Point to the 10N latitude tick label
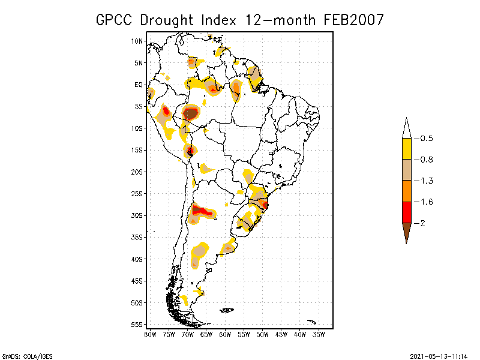[137, 41]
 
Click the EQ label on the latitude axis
[139, 85]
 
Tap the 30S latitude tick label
[137, 215]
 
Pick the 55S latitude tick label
[137, 325]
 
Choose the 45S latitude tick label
[137, 281]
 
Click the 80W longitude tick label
[150, 334]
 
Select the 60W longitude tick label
[225, 334]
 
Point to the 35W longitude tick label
[319, 334]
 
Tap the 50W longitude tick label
[262, 334]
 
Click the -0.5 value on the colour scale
[427, 139]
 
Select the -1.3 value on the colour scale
[427, 181]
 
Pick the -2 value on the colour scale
[422, 223]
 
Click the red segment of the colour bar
[406, 212]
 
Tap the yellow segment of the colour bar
[406, 149]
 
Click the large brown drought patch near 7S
[191, 112]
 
